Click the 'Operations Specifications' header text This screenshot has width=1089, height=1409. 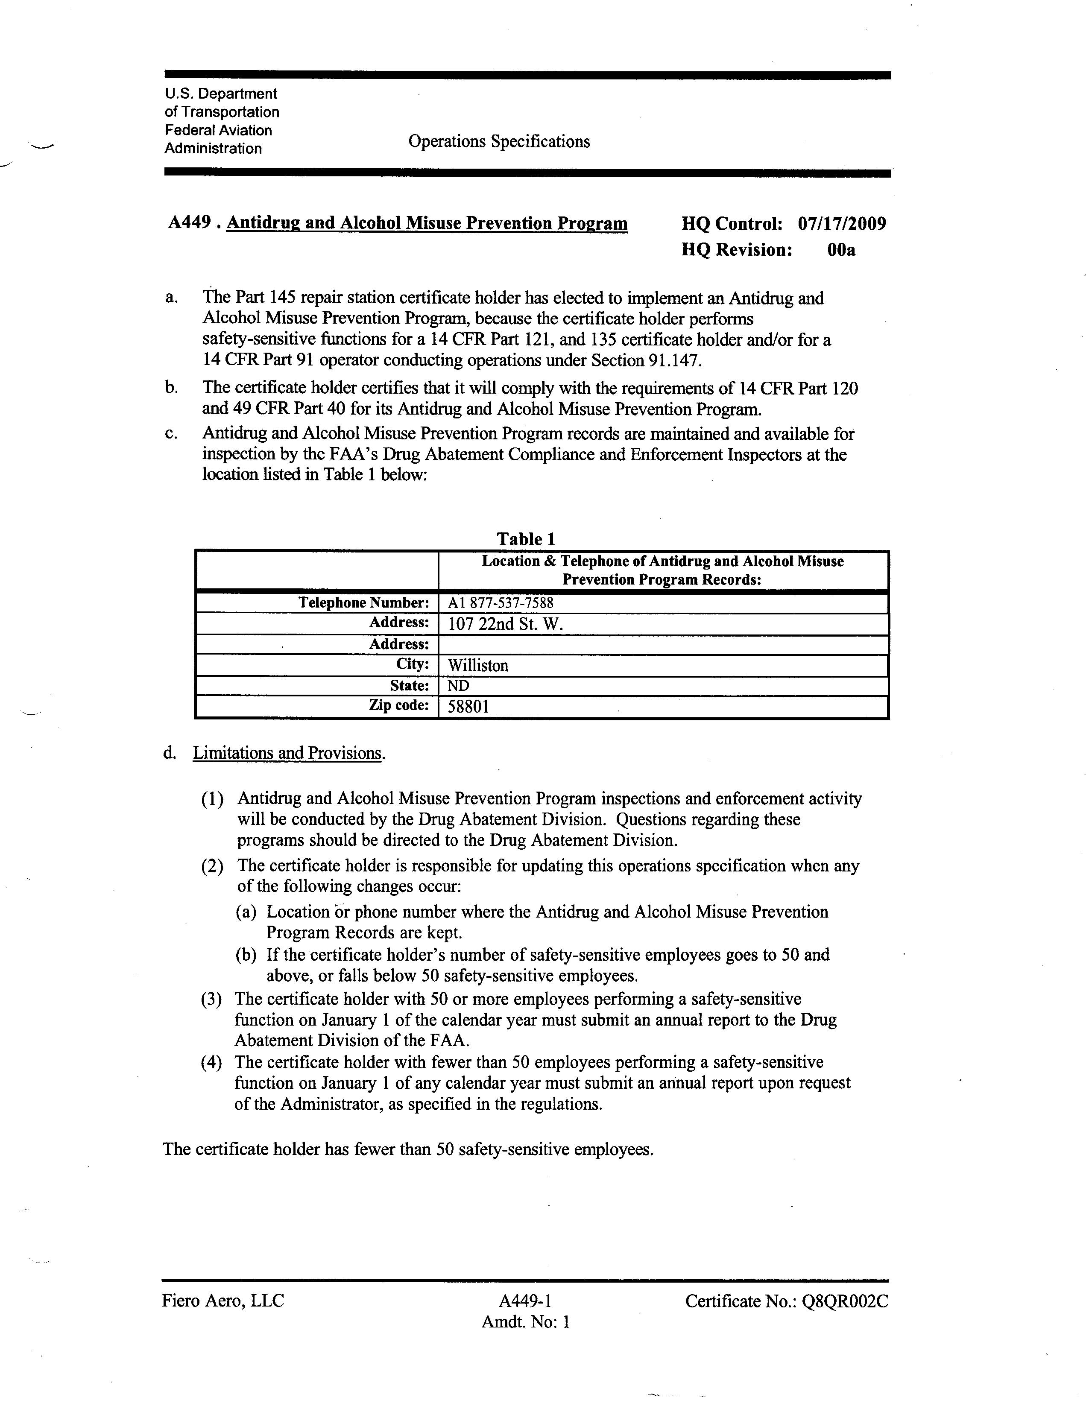point(499,142)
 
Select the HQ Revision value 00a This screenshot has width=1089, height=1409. point(841,250)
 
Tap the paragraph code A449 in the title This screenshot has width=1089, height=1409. point(190,222)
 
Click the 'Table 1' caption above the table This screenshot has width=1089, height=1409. point(526,539)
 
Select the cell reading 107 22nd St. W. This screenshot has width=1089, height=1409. point(505,624)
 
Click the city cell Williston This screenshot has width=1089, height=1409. point(478,665)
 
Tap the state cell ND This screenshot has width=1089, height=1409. point(459,685)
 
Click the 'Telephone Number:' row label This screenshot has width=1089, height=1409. point(363,602)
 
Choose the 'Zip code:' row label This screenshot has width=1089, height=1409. point(399,705)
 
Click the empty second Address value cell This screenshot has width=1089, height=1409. point(662,644)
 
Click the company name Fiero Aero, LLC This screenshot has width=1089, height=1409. point(222,1301)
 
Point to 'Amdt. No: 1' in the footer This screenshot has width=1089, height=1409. point(526,1322)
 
